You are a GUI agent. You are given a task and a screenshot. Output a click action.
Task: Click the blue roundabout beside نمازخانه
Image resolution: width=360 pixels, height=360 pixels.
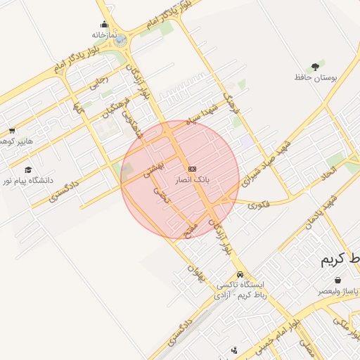coord(120,39)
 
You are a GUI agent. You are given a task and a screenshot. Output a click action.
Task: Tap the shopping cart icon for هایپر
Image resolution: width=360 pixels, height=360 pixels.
coord(12,131)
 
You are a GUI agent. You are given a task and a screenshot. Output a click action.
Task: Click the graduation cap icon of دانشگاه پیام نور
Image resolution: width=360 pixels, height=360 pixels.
coord(28,169)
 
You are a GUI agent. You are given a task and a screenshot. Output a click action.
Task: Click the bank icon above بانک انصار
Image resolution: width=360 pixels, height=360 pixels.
coord(192,169)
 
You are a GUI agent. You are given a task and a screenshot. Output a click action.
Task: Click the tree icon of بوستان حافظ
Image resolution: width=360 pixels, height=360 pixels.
coord(314,66)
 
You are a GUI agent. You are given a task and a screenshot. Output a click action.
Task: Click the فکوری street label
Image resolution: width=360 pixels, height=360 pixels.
coord(259,205)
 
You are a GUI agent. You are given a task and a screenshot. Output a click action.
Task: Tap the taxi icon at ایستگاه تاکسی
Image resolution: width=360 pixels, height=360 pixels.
coord(240,275)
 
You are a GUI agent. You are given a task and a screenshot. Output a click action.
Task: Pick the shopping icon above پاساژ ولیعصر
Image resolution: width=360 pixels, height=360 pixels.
coord(338,280)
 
